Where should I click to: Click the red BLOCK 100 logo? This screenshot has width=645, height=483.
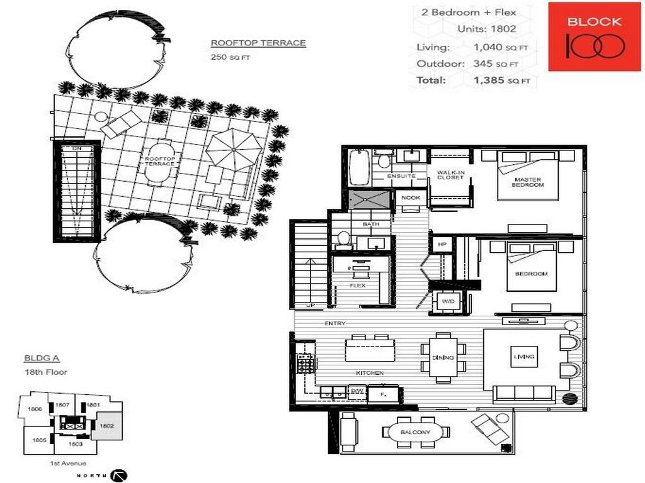tap(586, 36)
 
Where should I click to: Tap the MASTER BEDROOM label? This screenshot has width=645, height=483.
tap(528, 182)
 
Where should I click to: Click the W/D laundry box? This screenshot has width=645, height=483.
tap(448, 302)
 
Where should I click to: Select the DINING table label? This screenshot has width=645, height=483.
tap(443, 357)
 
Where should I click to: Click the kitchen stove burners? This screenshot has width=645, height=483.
tap(305, 363)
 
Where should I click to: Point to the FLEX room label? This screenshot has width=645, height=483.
tap(357, 286)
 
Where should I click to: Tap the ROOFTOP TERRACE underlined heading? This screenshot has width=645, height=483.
tap(258, 43)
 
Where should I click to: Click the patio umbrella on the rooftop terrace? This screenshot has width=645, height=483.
tap(234, 149)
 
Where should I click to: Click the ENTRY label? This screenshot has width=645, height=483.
tap(334, 323)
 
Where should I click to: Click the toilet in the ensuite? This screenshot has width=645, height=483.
tap(384, 161)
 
